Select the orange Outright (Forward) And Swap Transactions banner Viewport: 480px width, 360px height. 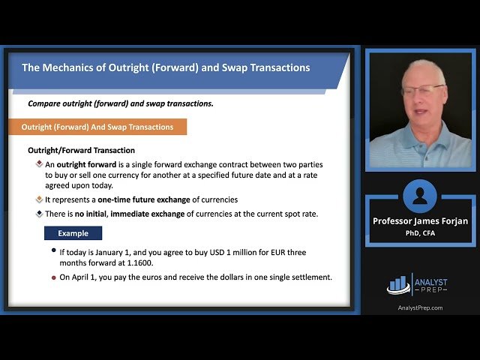[x=97, y=127]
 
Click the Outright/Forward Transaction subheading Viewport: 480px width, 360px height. [x=81, y=150]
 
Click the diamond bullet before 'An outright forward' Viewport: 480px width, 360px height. [x=39, y=163]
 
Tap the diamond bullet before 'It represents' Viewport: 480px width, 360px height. [x=39, y=199]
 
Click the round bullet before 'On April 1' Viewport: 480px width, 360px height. [x=52, y=277]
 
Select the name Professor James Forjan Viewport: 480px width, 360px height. [x=420, y=221]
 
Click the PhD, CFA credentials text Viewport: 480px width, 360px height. [x=420, y=232]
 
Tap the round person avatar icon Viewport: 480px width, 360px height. [x=420, y=196]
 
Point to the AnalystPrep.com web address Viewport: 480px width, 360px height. [x=420, y=307]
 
